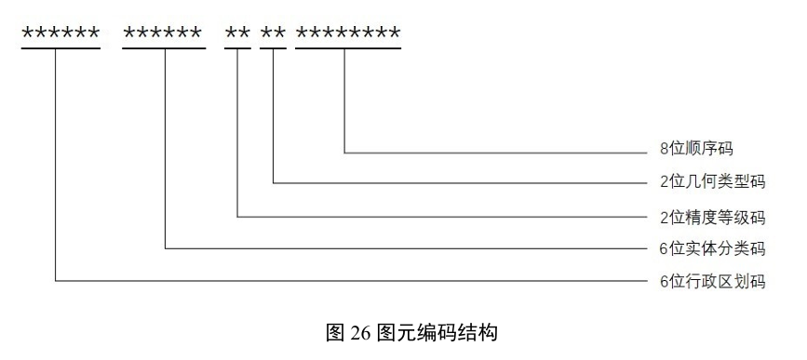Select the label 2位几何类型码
click(x=706, y=183)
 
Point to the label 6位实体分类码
click(x=706, y=248)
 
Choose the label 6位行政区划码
click(x=706, y=280)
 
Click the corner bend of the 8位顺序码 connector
click(x=345, y=151)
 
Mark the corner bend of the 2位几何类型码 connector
click(x=274, y=184)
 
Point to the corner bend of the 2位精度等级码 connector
click(x=238, y=217)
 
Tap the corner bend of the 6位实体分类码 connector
click(x=165, y=248)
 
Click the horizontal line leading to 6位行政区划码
click(x=354, y=279)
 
